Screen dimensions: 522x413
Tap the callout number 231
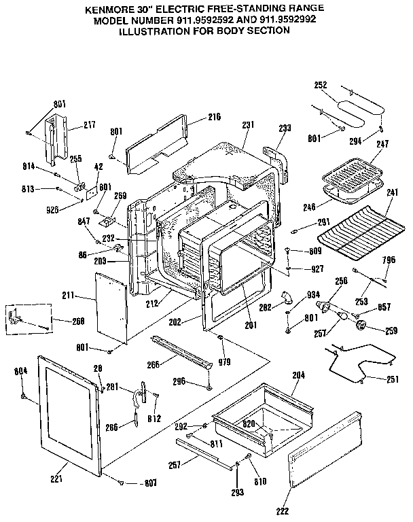248,124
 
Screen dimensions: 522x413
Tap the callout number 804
21,371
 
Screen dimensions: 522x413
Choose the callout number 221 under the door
56,479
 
